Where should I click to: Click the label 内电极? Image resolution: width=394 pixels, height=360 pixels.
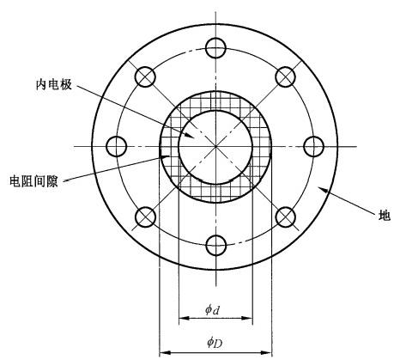coord(54,85)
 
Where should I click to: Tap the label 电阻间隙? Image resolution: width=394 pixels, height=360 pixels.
coord(33,181)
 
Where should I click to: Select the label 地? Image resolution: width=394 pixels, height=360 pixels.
coord(384,216)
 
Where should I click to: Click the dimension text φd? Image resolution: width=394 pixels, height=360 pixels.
coord(212,309)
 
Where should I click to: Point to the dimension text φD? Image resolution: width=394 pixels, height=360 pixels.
coord(215,342)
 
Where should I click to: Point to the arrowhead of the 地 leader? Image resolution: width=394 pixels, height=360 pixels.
coord(324,189)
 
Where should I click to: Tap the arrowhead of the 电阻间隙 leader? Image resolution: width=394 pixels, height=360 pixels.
coord(165,156)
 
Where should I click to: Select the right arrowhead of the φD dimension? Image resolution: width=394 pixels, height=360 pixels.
coord(266,352)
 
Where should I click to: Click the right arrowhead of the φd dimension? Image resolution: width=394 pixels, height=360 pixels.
coord(247,318)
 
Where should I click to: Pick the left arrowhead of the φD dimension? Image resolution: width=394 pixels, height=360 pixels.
coord(165,352)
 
